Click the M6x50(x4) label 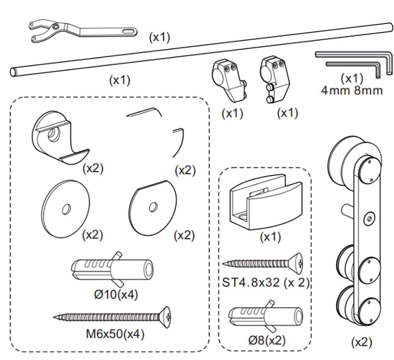point(115,334)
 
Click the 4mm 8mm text point(351,91)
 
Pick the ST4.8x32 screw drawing point(262,263)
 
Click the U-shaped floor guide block point(264,201)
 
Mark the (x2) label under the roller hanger point(361,342)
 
